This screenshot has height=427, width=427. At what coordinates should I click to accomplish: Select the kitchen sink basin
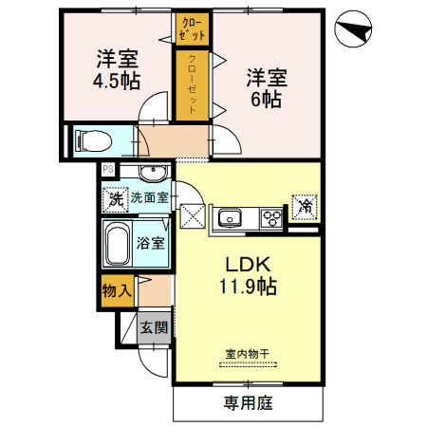[230, 219]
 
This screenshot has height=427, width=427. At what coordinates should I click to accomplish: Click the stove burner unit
[271, 219]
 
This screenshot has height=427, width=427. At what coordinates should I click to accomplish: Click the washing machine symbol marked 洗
[114, 200]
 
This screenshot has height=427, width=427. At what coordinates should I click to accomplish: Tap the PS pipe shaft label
[107, 172]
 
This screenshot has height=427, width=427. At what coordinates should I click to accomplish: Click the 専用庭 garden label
[248, 403]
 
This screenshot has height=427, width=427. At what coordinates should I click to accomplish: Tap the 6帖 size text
[265, 97]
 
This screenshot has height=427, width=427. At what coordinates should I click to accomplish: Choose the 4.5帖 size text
[115, 81]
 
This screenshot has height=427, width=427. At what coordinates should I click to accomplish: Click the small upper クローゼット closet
[192, 28]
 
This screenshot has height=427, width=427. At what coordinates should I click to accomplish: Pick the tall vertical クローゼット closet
[192, 85]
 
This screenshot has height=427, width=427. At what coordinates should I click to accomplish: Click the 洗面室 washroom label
[149, 198]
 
